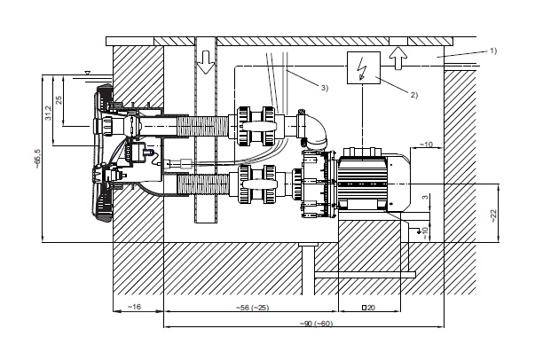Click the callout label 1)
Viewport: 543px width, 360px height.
pos(493,51)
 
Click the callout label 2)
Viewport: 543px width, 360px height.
pos(413,94)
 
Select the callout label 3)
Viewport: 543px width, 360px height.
pos(324,88)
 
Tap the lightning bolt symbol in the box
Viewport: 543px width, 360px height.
pos(362,68)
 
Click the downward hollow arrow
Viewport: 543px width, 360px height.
pos(207,62)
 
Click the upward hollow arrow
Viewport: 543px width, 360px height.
pos(397,58)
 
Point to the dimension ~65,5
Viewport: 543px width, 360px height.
pos(37,159)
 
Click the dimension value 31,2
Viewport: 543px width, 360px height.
pos(48,113)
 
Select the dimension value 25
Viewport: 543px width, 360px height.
pos(59,100)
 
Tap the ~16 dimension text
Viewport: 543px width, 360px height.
pos(134,307)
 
